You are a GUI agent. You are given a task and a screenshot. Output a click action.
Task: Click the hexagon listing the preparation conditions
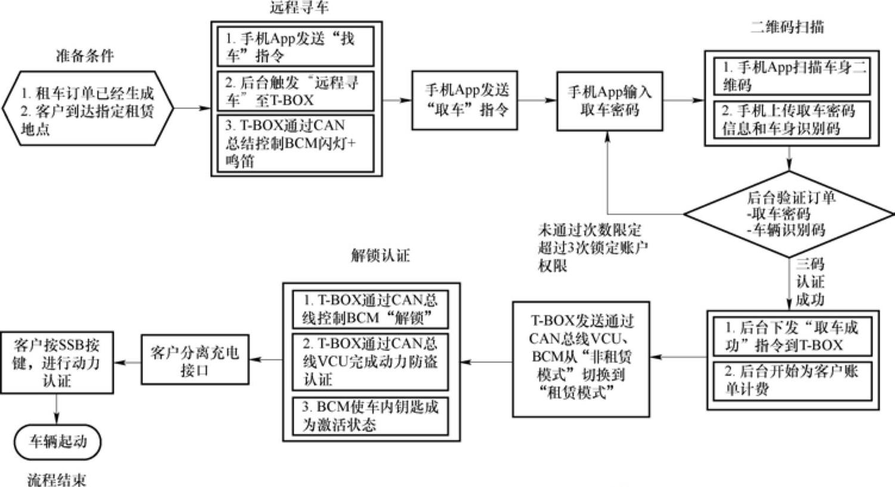[x=88, y=108]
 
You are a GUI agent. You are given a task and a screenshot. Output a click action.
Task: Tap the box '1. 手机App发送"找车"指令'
[x=295, y=46]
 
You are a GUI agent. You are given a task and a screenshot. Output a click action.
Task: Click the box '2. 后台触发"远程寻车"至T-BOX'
[x=295, y=91]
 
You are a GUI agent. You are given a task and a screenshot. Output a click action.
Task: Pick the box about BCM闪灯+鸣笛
[x=295, y=143]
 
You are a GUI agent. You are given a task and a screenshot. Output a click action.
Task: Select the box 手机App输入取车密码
[x=609, y=101]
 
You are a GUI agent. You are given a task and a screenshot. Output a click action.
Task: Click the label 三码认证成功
[x=810, y=281]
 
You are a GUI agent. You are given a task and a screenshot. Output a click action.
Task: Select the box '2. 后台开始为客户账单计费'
[x=792, y=380]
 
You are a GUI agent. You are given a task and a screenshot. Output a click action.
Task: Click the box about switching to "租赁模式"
[x=581, y=358]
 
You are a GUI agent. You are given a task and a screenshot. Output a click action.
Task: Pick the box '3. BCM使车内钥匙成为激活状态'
[x=370, y=415]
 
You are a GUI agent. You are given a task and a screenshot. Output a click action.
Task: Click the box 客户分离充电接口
[x=194, y=360]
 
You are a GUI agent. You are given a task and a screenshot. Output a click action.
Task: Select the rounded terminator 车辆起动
[x=58, y=442]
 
